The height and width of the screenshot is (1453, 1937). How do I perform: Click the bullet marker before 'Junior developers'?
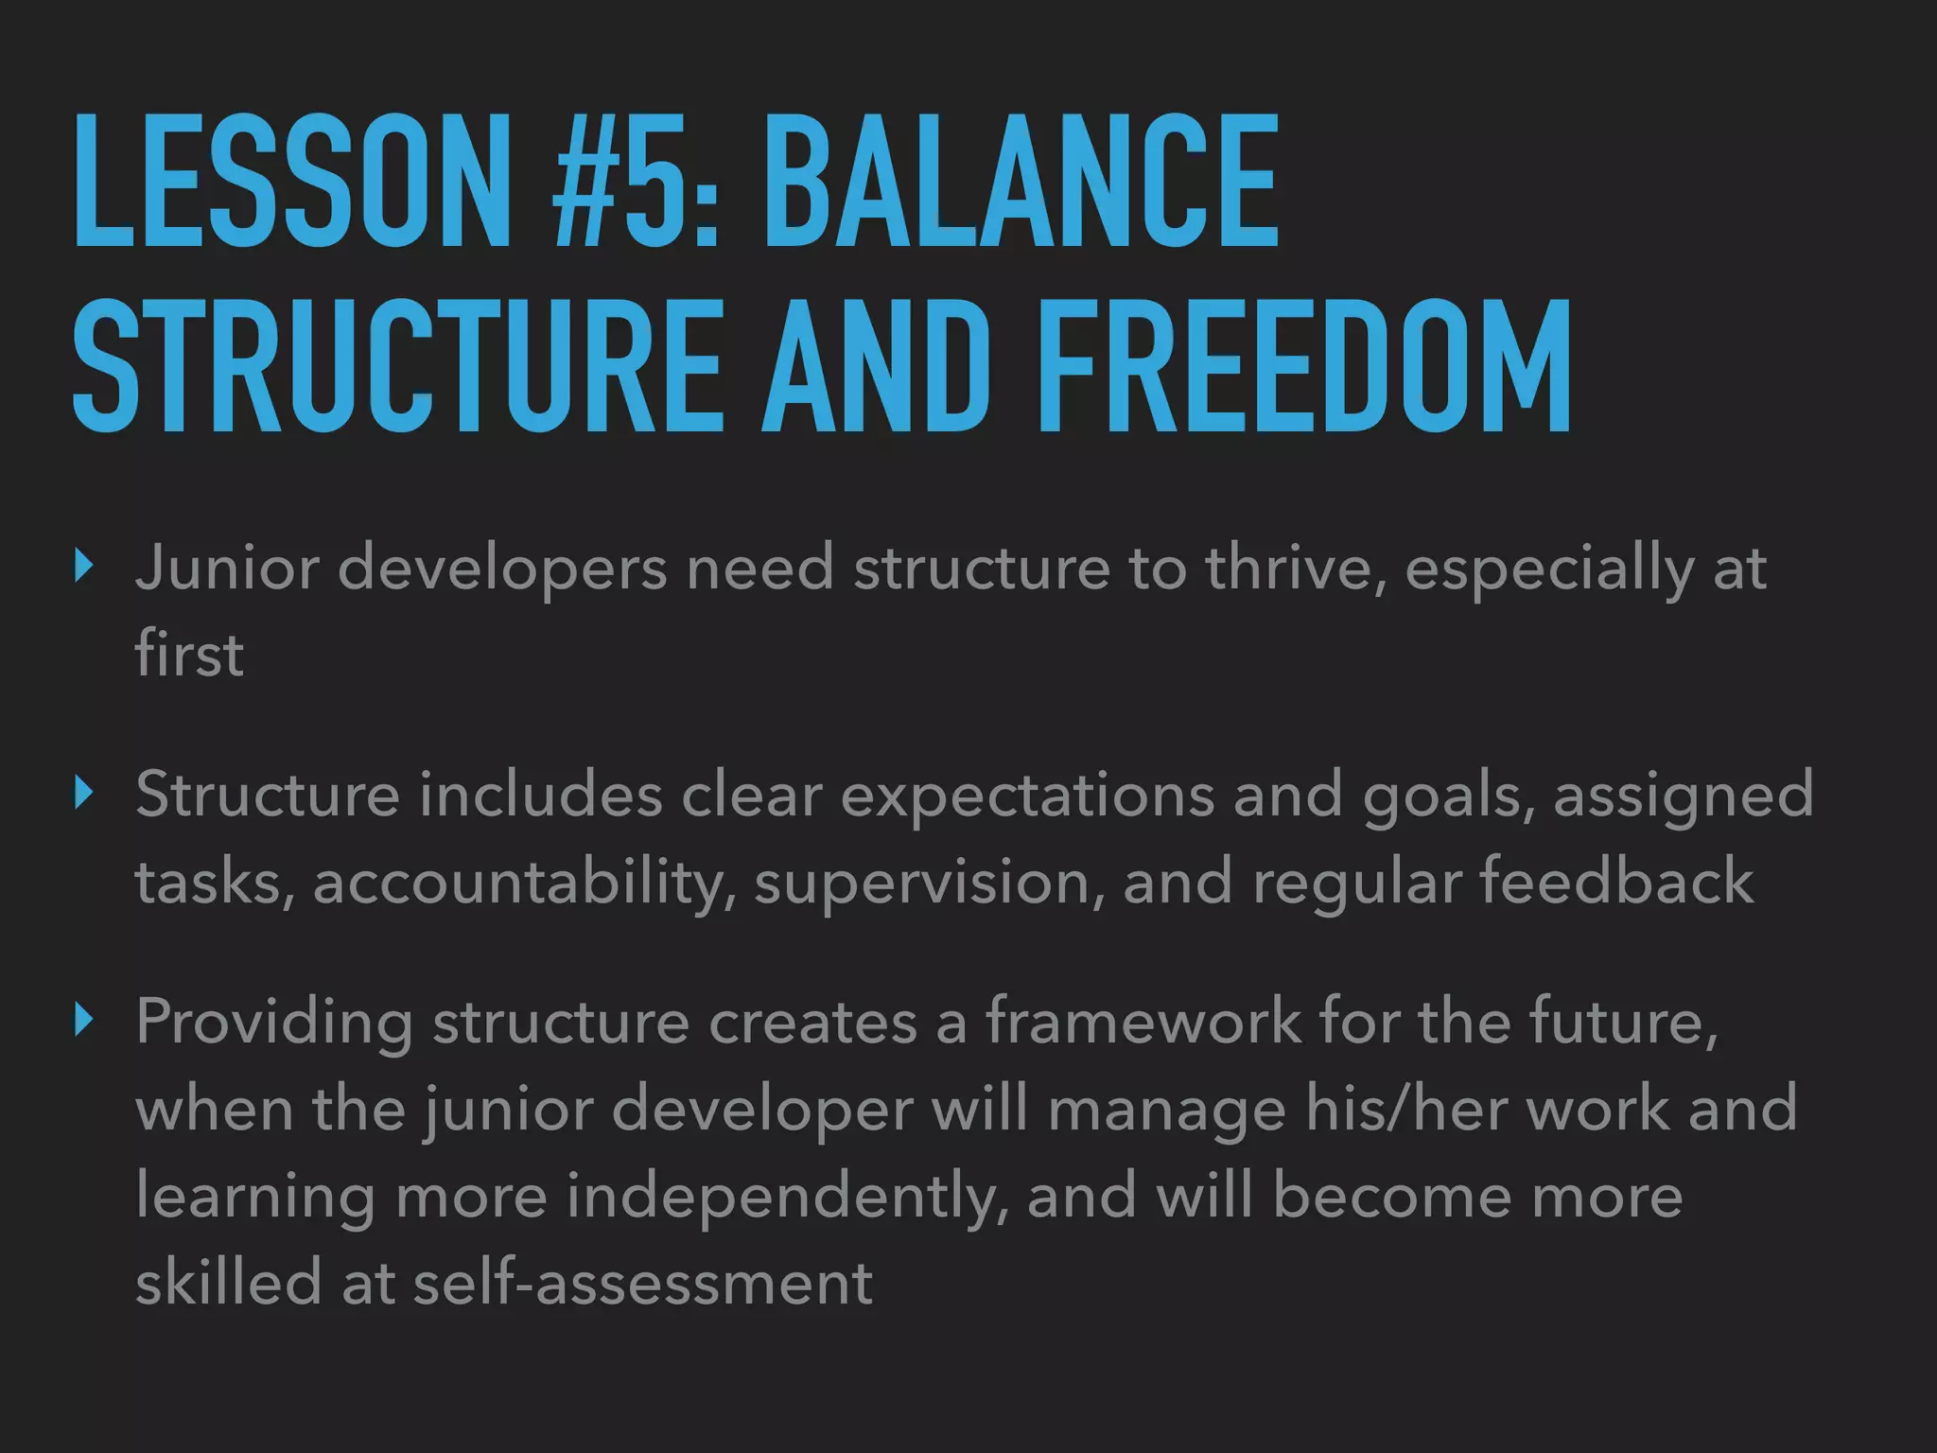tap(85, 567)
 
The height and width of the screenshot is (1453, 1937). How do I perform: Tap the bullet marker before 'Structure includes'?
tap(85, 794)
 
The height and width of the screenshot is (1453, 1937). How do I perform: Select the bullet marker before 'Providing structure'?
tap(85, 1021)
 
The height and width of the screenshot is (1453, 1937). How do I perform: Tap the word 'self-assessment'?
tap(643, 1283)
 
